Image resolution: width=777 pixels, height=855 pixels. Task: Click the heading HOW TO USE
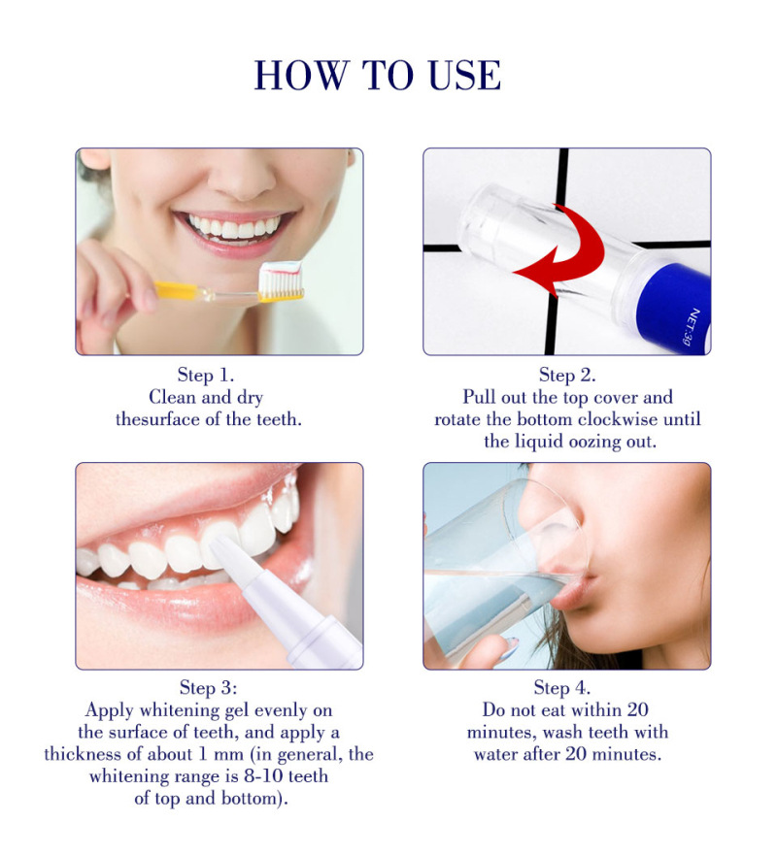(378, 76)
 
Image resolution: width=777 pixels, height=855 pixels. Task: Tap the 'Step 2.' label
(567, 375)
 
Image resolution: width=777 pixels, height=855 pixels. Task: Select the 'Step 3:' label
(205, 688)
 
